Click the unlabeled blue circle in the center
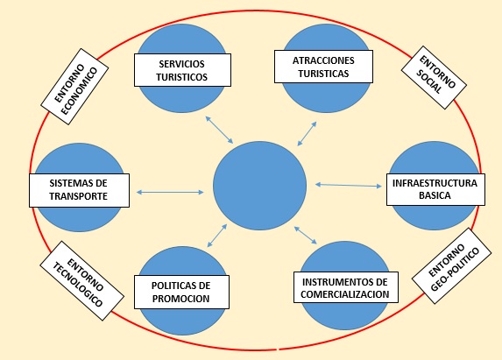click(x=259, y=186)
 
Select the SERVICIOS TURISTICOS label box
click(x=182, y=70)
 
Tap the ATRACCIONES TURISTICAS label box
click(x=323, y=67)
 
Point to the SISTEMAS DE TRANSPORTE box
click(x=79, y=190)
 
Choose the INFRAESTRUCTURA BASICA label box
click(x=435, y=189)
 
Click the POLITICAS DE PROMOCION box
click(x=181, y=293)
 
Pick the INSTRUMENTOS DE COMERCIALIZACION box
click(x=346, y=287)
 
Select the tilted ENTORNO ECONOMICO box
click(x=74, y=87)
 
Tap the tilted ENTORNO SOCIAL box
click(x=434, y=77)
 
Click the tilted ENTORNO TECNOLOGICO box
click(x=82, y=280)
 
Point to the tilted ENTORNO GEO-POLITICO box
click(x=451, y=265)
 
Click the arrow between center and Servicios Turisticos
click(x=219, y=130)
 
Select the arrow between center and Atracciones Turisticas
click(x=307, y=134)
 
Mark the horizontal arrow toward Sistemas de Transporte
click(x=170, y=193)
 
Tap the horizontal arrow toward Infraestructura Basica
click(x=349, y=185)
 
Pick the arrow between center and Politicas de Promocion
click(x=217, y=236)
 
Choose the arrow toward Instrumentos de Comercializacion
click(x=306, y=236)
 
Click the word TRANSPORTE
click(x=79, y=196)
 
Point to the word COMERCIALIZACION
click(x=345, y=294)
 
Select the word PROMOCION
click(x=180, y=299)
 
